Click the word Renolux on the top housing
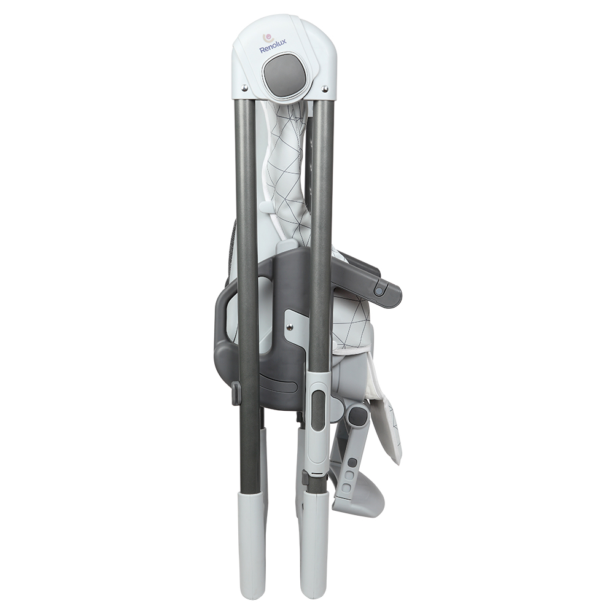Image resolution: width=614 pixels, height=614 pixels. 271,49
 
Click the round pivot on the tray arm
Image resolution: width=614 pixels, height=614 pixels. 379,291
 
